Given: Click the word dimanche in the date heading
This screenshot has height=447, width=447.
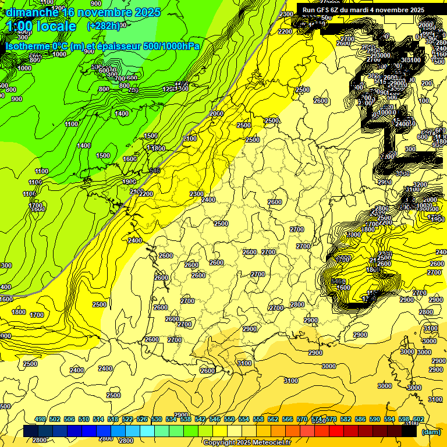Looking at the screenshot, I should click(32, 12).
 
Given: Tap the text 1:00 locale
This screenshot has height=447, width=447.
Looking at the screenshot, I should click(41, 27).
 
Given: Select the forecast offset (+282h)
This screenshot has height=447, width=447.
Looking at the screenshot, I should click(104, 26).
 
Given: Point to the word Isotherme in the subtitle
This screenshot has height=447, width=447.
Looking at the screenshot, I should click(26, 46).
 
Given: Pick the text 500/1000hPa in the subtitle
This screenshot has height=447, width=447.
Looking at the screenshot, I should click(169, 46).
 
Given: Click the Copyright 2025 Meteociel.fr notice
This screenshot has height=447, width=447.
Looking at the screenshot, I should click(247, 442).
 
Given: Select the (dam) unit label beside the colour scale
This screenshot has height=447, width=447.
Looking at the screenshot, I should click(431, 432).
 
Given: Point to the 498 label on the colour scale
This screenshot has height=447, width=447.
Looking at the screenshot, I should click(40, 419).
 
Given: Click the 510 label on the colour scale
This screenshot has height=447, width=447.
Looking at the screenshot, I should click(84, 419).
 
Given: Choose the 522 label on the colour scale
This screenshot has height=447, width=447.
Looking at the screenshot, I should click(127, 419).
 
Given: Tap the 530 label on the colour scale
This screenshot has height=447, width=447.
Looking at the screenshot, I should click(157, 419).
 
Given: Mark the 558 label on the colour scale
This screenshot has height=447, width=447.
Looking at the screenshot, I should click(258, 419).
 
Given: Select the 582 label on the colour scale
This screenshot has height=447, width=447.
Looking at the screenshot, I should click(346, 419).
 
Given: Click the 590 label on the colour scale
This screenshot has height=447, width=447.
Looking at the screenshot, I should click(375, 419).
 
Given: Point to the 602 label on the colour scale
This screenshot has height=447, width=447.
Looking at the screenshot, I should click(418, 419).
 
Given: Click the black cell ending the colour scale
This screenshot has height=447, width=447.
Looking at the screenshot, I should click(409, 432).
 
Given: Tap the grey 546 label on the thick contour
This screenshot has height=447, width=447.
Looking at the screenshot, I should click(154, 171).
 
